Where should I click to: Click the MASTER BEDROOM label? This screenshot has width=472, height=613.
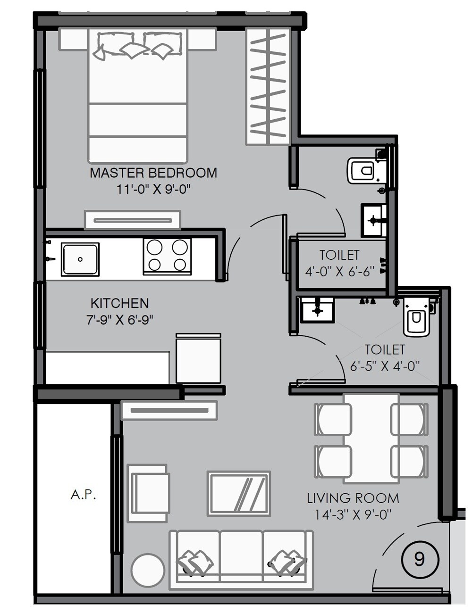(153, 173)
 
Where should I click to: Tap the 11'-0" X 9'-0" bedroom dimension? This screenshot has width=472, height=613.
(153, 190)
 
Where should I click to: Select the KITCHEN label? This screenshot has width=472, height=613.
(119, 303)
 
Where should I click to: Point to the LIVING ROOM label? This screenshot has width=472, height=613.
(353, 498)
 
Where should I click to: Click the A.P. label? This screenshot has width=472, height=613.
(84, 495)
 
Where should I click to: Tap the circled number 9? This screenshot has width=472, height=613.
(419, 559)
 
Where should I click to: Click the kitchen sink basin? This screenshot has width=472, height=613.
(80, 259)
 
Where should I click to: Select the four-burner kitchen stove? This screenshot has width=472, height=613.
(167, 256)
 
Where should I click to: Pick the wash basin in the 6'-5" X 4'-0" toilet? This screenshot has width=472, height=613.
(318, 310)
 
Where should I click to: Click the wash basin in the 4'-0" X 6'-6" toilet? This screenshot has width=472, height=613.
(374, 220)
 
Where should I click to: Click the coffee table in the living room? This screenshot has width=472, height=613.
(239, 493)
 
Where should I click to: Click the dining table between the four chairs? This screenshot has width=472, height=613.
(371, 439)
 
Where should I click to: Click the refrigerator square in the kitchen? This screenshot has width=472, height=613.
(198, 358)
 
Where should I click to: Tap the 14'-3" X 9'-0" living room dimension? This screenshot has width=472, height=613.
(353, 514)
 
